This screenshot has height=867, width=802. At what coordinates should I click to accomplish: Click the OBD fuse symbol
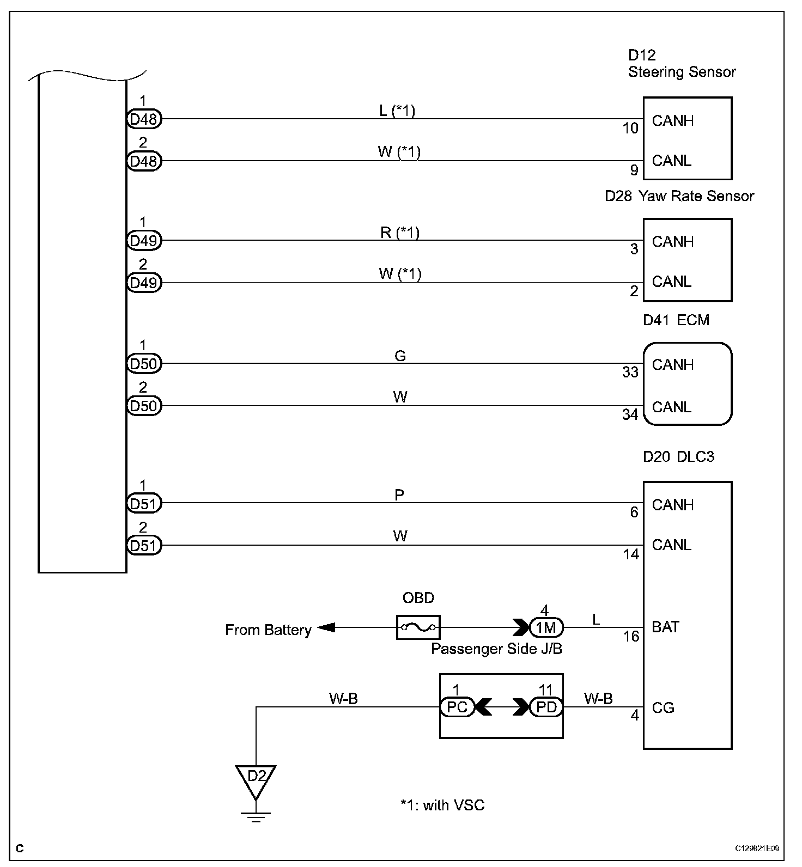tap(418, 627)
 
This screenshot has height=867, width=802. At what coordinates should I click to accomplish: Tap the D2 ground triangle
tap(256, 778)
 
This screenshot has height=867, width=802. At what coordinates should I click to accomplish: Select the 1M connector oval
tap(546, 628)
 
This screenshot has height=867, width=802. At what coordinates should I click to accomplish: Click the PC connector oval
tap(457, 707)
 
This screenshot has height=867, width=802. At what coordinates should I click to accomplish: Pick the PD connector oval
tap(546, 707)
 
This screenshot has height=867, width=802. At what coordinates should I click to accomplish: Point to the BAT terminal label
tap(665, 627)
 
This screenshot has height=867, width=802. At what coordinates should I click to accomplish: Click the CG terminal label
tap(663, 707)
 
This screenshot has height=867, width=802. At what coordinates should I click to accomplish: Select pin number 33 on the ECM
tap(630, 372)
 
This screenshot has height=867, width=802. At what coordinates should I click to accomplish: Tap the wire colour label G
tap(400, 356)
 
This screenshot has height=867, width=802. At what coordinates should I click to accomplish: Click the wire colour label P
tap(399, 495)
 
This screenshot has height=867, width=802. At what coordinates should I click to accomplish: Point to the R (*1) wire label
tap(399, 233)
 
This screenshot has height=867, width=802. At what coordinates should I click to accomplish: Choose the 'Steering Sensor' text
tap(682, 72)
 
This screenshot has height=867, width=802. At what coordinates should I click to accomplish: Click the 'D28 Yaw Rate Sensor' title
tap(679, 196)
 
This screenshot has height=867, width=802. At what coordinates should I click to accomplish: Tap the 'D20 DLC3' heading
tap(678, 456)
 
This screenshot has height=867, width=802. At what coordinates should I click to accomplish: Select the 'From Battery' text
tap(268, 630)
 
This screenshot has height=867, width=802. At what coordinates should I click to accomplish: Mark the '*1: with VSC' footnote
tap(442, 805)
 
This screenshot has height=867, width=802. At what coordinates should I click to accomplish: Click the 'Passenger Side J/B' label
tap(496, 649)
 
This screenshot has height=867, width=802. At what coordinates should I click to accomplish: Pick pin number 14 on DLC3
tap(631, 554)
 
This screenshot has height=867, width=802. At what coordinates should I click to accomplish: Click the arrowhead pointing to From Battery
tap(326, 628)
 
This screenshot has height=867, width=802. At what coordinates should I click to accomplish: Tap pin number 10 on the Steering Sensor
tap(630, 128)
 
